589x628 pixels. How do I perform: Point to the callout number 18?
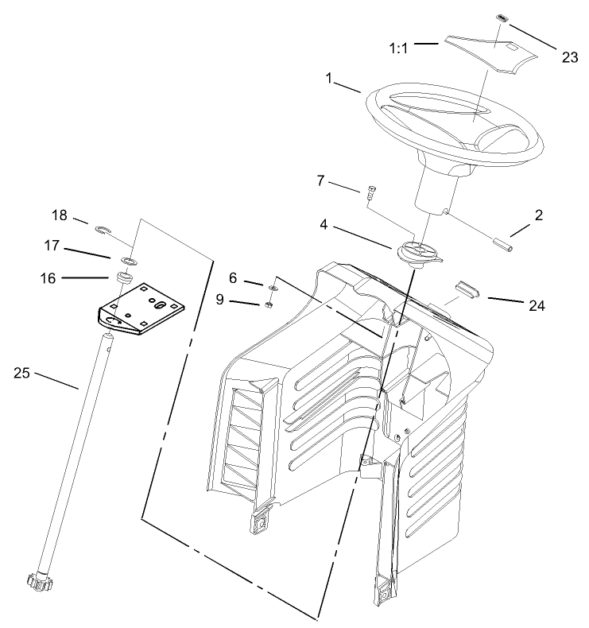[x=60, y=216]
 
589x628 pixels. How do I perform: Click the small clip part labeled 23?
[x=502, y=17]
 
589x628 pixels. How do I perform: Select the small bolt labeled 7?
[x=371, y=192]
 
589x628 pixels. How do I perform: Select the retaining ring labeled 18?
[x=102, y=231]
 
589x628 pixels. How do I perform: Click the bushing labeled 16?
[x=123, y=278]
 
